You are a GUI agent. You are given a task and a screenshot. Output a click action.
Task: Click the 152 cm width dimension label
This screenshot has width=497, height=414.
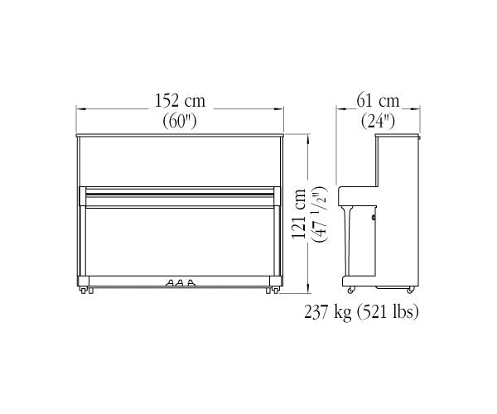click(180, 100)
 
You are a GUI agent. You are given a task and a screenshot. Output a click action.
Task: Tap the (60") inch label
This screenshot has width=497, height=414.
click(180, 121)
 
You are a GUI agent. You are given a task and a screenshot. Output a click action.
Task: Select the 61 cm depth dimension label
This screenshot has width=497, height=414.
click(378, 101)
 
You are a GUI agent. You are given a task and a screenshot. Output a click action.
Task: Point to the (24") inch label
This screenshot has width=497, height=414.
click(379, 121)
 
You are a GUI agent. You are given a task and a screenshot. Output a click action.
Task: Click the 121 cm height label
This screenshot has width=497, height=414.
click(298, 214)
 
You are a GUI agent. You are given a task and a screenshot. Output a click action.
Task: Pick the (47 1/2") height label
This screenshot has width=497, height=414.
click(319, 214)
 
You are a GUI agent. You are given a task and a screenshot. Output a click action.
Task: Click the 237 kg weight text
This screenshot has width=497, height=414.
click(328, 311)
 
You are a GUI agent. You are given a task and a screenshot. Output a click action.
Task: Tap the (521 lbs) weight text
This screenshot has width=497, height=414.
click(388, 311)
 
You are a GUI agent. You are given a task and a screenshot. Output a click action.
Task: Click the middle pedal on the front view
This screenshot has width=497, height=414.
click(180, 282)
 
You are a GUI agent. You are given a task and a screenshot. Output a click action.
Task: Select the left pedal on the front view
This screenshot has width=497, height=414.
click(170, 282)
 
